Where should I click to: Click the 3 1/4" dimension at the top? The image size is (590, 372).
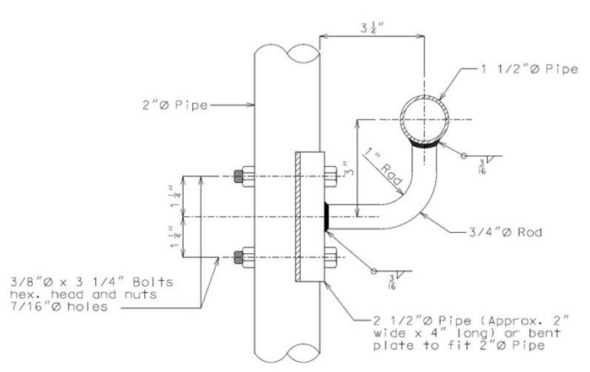tap(372, 28)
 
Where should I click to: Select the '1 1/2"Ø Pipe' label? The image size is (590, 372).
tap(529, 69)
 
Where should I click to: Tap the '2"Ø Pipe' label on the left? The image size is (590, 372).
tap(175, 105)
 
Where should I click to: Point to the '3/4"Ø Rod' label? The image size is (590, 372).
tap(506, 232)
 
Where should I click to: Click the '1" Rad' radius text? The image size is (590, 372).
tap(383, 167)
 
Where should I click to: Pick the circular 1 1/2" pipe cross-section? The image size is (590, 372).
tap(425, 120)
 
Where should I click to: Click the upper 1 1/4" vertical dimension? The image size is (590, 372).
tap(176, 197)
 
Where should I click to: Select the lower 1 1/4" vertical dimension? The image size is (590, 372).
tap(176, 237)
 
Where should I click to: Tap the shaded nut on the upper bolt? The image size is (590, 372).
tap(239, 176)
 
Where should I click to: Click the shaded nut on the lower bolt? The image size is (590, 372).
tap(239, 257)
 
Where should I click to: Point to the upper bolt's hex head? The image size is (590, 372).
tap(330, 176)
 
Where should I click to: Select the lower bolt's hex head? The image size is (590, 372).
tap(330, 257)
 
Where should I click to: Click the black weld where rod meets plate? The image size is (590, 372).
tap(328, 217)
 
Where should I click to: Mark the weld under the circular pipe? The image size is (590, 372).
tap(425, 144)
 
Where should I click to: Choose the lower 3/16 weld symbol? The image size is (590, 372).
tap(392, 276)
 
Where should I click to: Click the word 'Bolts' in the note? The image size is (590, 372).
tap(153, 282)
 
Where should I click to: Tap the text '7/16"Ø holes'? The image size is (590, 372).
tap(59, 306)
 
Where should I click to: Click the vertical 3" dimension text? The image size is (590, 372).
tap(350, 170)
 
